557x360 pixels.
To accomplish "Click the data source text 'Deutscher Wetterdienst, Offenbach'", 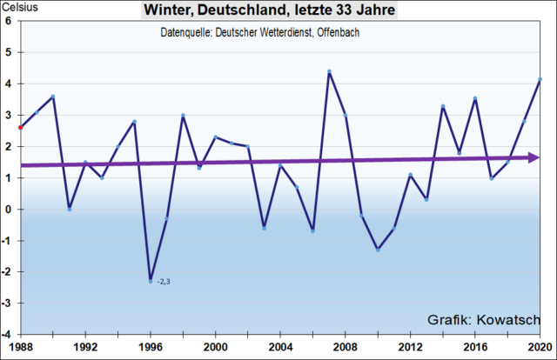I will [x=261, y=32].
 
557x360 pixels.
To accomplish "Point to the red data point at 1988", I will [x=20, y=127].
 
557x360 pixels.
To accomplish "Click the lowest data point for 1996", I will [x=150, y=281].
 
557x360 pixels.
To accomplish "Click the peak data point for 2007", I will [x=329, y=71].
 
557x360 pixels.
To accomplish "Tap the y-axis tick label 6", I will [x=8, y=21].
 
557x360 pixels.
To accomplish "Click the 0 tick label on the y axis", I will [x=8, y=209].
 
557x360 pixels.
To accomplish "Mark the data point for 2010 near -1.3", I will [x=378, y=250].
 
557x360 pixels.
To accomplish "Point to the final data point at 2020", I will [x=540, y=79].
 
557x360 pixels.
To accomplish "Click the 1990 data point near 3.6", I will [x=53, y=97].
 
